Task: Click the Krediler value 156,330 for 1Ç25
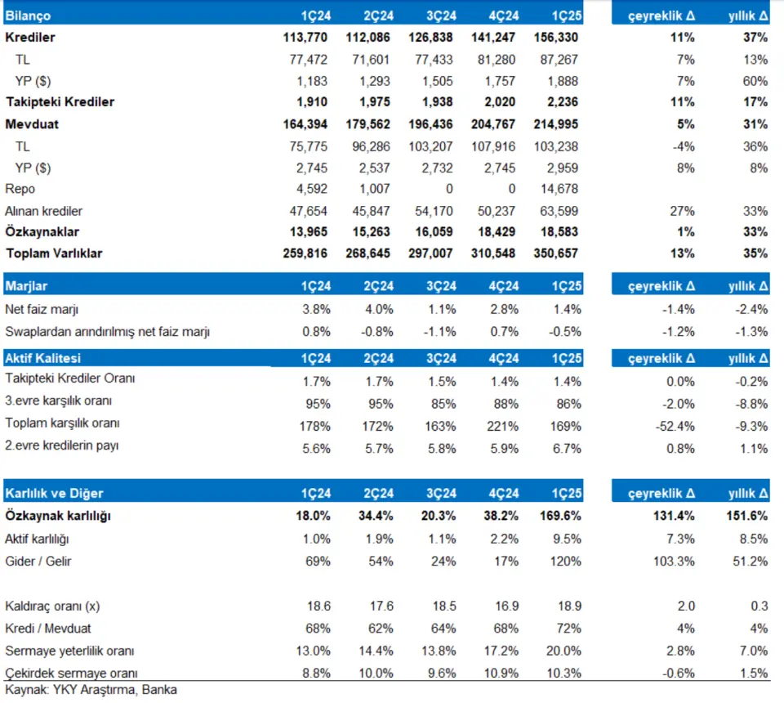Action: click(555, 38)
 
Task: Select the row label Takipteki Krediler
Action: click(60, 102)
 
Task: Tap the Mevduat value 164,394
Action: click(305, 124)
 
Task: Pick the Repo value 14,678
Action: click(559, 189)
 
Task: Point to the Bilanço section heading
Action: click(28, 16)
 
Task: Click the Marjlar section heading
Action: click(26, 286)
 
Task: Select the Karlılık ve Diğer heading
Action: click(54, 494)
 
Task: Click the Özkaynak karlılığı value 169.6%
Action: click(560, 516)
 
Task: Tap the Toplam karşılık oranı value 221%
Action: click(502, 427)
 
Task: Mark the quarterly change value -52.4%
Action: click(675, 427)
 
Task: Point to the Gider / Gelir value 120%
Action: click(565, 562)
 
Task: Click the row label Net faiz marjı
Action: click(42, 310)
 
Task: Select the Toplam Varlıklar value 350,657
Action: click(555, 253)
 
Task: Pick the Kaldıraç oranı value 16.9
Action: click(507, 607)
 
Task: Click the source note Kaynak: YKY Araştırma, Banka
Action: click(91, 690)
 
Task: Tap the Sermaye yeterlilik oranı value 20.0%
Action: click(563, 651)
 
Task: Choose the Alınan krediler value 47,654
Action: click(309, 211)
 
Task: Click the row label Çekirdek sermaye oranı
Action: click(71, 673)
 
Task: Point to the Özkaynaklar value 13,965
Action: click(309, 232)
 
